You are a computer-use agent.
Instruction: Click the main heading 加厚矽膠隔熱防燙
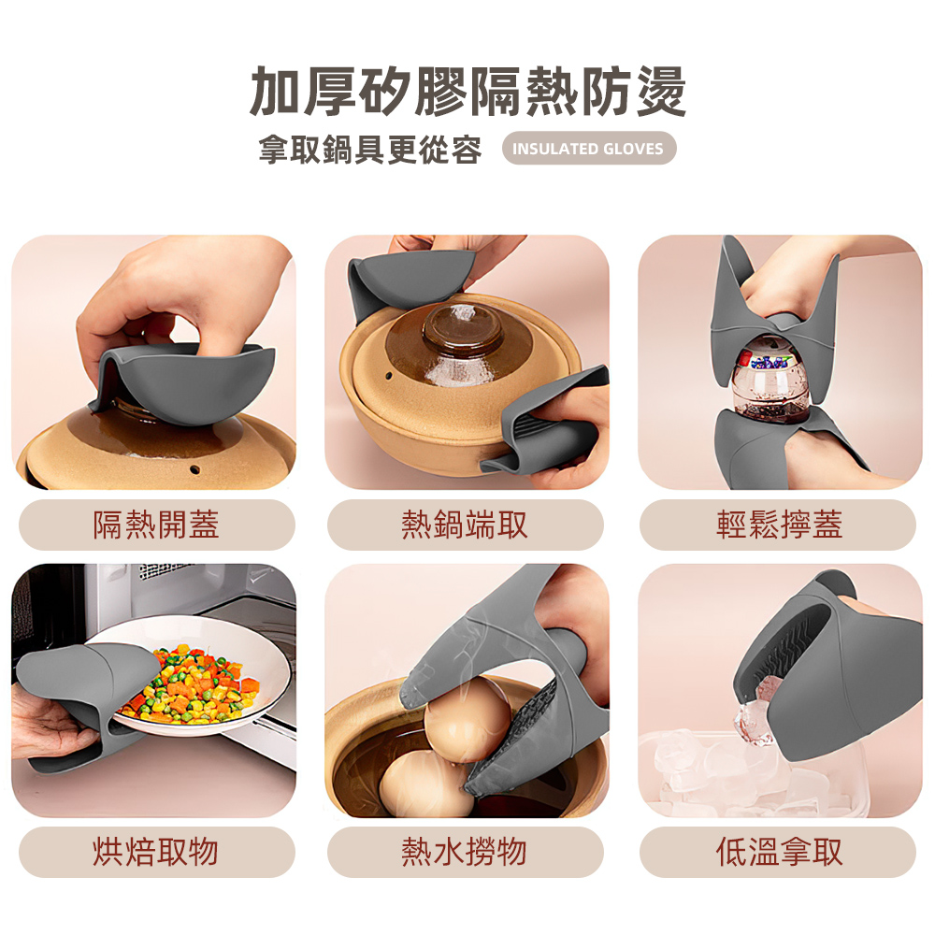tap(467, 92)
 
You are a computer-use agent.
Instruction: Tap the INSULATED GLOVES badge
tap(588, 149)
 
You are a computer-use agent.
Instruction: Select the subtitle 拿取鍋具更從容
tap(370, 150)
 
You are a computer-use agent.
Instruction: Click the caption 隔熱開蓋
tap(155, 525)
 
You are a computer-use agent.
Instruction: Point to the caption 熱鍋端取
tap(465, 525)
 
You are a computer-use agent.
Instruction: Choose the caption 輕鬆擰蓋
tap(778, 525)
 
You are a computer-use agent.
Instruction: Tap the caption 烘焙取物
tap(155, 852)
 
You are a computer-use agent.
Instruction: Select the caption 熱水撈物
tap(465, 852)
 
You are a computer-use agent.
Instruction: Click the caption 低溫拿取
tap(778, 852)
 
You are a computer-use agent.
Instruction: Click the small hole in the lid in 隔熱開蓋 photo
tap(196, 466)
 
